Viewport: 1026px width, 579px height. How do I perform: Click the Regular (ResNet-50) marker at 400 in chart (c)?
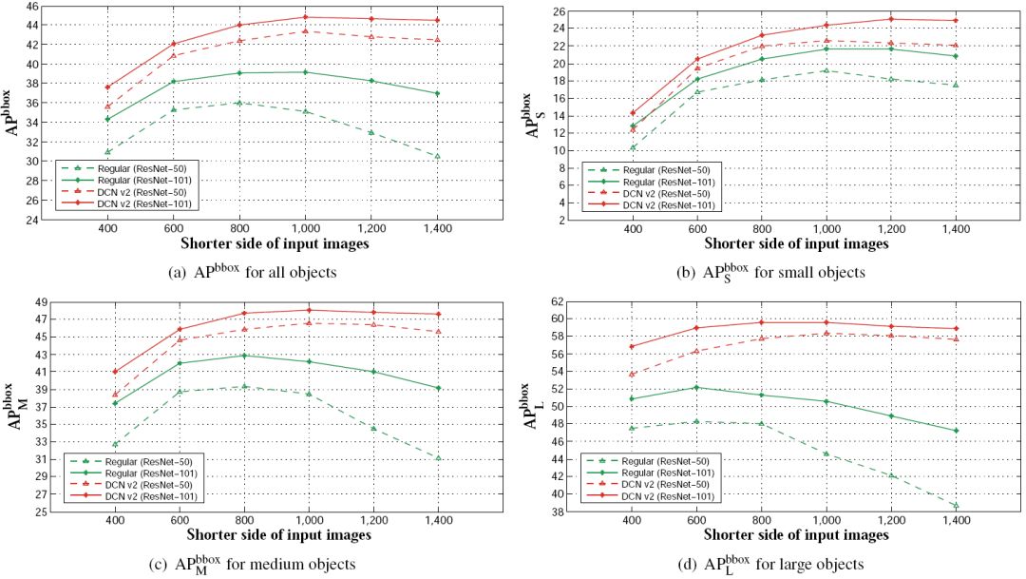(116, 444)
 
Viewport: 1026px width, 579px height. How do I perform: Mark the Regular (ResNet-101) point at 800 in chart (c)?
(244, 356)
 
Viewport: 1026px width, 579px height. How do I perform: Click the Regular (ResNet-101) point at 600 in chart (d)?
(697, 387)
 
